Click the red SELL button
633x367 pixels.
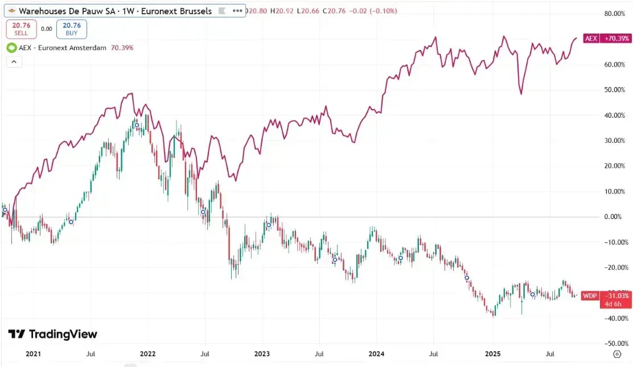(x=21, y=29)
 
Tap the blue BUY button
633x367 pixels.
(x=72, y=29)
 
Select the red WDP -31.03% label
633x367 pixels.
(x=606, y=295)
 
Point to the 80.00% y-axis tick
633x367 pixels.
(x=615, y=14)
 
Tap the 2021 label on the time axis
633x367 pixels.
(x=34, y=354)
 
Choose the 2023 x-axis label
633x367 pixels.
(x=262, y=354)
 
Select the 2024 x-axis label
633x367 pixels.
(x=377, y=354)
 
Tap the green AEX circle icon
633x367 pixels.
(x=11, y=48)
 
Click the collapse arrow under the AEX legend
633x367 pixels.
(x=14, y=61)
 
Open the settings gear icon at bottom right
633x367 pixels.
(x=617, y=354)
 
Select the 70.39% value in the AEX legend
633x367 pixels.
(x=122, y=48)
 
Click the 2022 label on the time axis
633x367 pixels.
(x=148, y=354)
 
